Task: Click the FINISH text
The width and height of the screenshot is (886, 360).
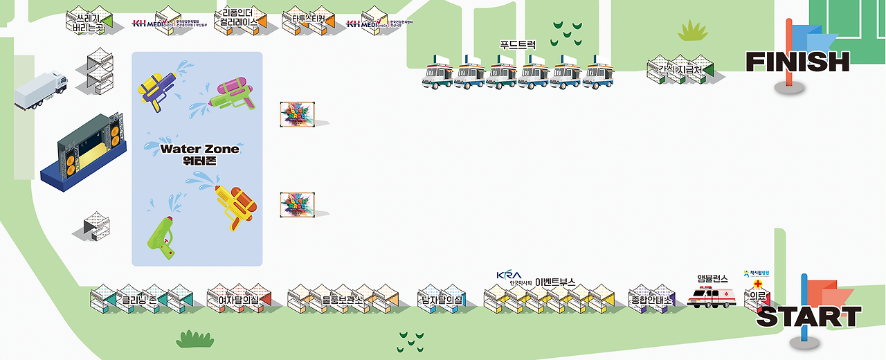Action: [x=797, y=62]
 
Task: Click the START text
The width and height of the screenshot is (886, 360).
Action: [x=808, y=317]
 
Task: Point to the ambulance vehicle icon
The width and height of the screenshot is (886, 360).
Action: [x=711, y=298]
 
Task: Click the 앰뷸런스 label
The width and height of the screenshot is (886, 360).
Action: [x=712, y=278]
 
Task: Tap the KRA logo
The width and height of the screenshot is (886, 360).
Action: [x=508, y=275]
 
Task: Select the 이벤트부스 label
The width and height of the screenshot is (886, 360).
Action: [x=555, y=282]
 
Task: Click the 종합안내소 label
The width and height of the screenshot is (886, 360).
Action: [x=651, y=300]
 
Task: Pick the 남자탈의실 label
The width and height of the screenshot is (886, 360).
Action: [x=441, y=300]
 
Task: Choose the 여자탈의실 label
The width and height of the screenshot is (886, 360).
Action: [x=238, y=300]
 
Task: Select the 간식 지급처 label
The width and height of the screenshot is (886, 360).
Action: [x=680, y=70]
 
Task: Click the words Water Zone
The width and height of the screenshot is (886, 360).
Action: [x=199, y=148]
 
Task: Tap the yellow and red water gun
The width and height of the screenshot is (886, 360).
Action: [x=235, y=205]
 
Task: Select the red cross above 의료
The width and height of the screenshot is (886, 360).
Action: [x=758, y=284]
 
